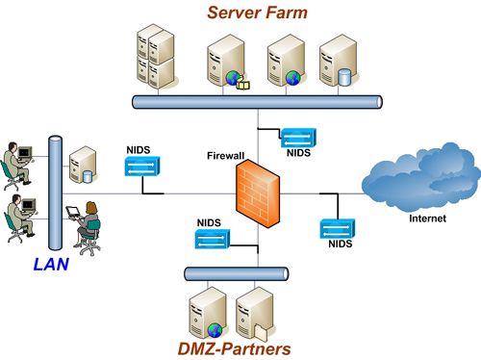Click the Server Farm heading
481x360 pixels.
tap(258, 13)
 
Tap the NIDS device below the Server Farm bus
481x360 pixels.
tap(296, 138)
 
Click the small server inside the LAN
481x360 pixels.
tap(84, 167)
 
